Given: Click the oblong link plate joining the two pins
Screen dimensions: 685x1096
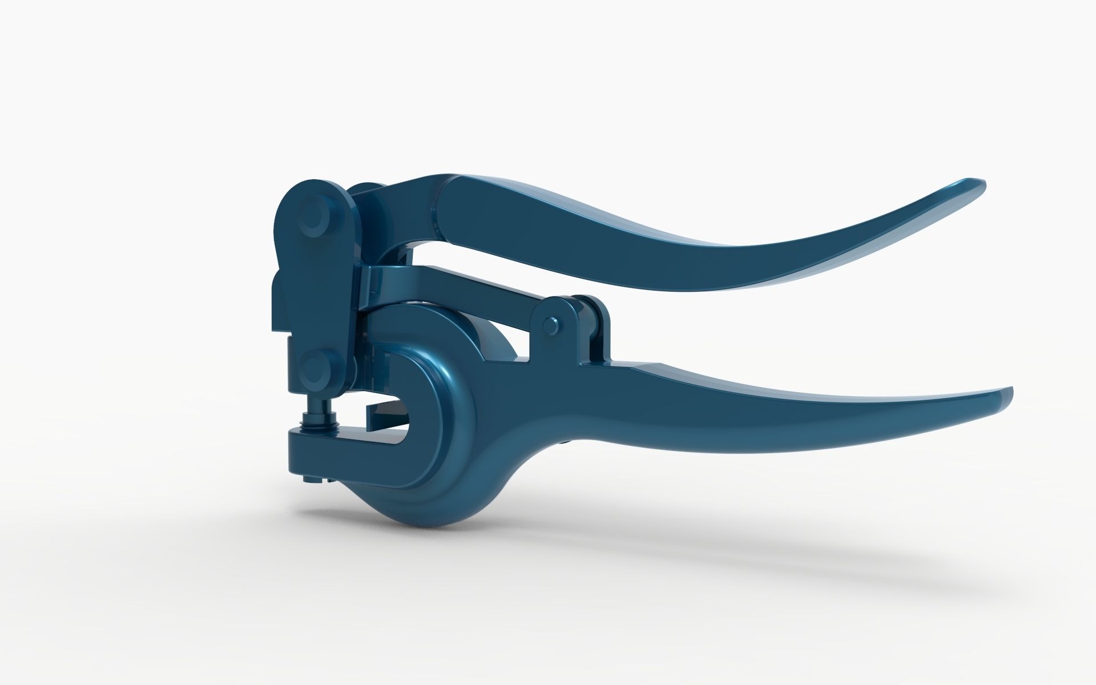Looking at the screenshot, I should coord(317,291).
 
